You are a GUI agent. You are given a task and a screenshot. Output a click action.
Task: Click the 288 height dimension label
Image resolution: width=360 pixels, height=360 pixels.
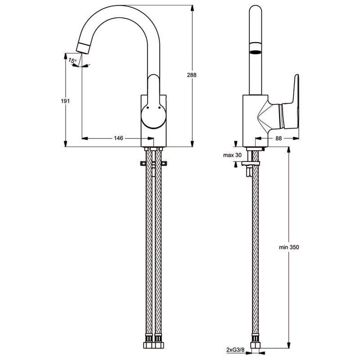pos(192,75)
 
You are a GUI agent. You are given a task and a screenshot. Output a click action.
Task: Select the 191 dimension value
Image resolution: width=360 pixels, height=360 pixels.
pos(65,101)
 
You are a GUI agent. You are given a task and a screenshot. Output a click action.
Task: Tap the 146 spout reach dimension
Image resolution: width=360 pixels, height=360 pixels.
pos(118,138)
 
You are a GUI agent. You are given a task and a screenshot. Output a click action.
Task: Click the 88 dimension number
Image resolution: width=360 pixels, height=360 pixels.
pos(279,139)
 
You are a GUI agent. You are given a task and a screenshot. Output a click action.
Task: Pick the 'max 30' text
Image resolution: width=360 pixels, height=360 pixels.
pos(233,155)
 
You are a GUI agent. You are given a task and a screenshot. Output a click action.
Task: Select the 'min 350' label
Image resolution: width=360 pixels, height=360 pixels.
pos(288,247)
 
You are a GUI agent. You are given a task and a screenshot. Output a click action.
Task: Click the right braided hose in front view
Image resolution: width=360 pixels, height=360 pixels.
pos(158,247)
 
